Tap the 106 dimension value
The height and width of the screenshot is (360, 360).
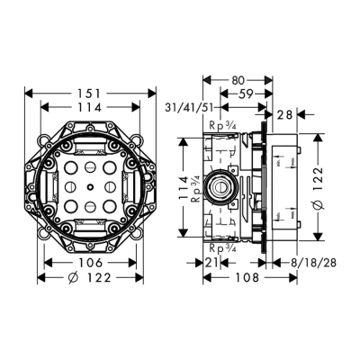click(88, 262)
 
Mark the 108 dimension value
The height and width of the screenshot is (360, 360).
click(237, 278)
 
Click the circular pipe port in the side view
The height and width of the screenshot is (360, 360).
click(220, 187)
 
